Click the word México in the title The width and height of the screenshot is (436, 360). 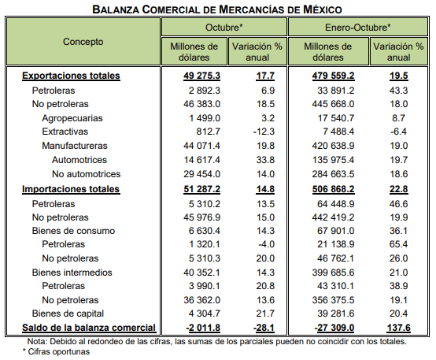coord(322,9)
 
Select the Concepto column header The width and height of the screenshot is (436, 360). coord(83,42)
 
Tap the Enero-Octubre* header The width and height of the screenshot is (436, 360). coord(358,28)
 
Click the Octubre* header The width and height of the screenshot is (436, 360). coord(224,28)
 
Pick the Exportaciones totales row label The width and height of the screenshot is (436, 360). coord(71,76)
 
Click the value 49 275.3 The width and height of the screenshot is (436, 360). coord(202,76)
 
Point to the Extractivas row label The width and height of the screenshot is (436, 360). coord(65,132)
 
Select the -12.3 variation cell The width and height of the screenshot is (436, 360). coord(264,132)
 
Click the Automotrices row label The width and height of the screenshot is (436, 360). coord(79,160)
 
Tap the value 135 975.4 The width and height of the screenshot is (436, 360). coord(333,160)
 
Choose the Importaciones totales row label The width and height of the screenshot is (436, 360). coord(71,189)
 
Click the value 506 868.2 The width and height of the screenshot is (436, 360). coord(333,189)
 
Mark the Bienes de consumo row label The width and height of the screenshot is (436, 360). coord(73,231)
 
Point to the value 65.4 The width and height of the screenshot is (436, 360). coord(399,244)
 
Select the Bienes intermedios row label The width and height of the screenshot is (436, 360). coord(72,273)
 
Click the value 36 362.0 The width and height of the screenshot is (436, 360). coord(202,300)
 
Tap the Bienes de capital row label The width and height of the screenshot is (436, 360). coord(68,314)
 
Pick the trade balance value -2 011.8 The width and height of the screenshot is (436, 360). coord(203,328)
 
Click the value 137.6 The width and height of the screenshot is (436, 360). coord(399,328)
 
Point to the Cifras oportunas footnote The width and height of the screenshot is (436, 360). coord(56,351)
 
